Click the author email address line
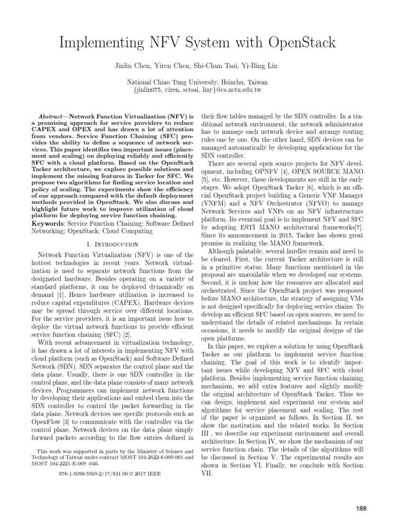pos(197,90)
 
